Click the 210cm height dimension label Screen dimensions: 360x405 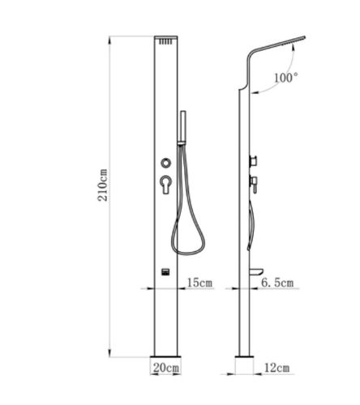coord(102,185)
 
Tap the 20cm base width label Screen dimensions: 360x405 coord(166,368)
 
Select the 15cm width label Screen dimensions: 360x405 coord(199,283)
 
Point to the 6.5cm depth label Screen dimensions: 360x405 coord(277,283)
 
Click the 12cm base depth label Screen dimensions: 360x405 coord(276,368)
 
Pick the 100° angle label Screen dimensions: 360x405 coord(286,78)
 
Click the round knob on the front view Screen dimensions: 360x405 coord(165,163)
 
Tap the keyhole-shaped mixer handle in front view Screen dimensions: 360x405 coord(165,184)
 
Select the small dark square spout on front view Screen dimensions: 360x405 coord(165,271)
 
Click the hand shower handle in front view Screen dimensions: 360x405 coord(183,127)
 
